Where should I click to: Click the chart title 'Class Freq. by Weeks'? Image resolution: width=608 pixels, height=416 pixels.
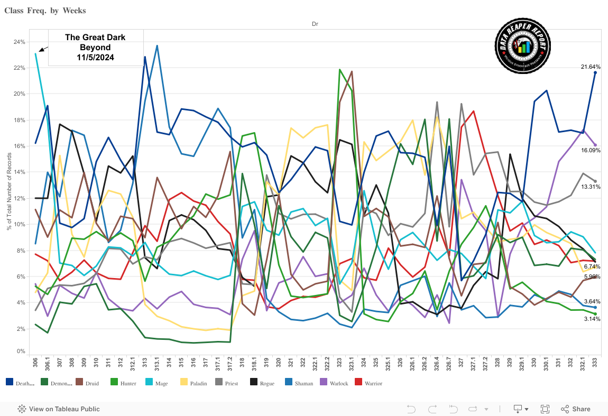(45, 11)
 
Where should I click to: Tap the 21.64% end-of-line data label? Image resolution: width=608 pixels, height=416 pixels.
(589, 67)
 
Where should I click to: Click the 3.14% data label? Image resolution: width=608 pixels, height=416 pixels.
(591, 319)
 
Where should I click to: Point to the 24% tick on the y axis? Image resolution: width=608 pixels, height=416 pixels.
(20, 42)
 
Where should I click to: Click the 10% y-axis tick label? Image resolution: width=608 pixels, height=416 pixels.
(20, 224)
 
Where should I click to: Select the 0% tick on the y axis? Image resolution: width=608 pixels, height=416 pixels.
(21, 351)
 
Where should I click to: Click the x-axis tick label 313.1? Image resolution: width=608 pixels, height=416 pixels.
(157, 365)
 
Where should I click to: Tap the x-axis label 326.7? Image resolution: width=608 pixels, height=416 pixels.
(448, 365)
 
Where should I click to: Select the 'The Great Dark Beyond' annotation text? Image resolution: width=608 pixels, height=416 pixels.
(96, 47)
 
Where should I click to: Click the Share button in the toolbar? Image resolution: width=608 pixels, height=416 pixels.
(576, 409)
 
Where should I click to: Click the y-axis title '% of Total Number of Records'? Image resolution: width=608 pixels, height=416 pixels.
(9, 190)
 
